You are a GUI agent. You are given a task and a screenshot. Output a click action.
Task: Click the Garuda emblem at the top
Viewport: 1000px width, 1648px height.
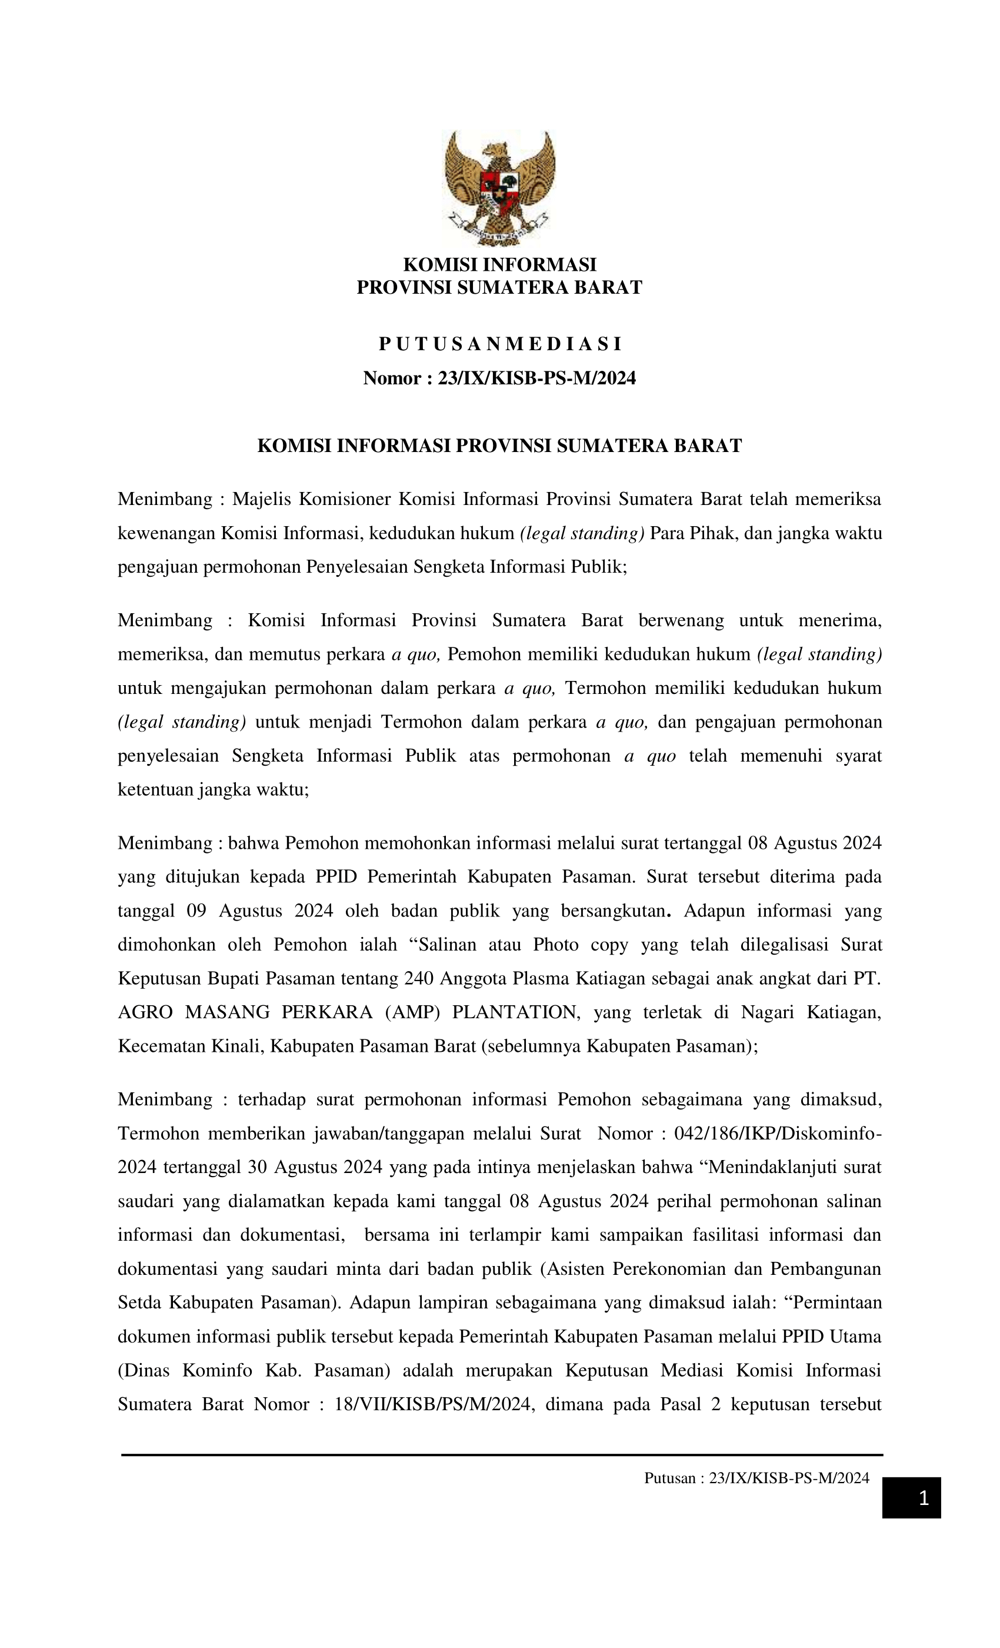click(499, 187)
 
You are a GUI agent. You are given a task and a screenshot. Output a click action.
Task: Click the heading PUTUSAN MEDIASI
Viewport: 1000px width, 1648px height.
click(499, 344)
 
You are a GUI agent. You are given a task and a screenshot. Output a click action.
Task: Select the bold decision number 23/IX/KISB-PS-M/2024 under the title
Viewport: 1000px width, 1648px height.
click(536, 378)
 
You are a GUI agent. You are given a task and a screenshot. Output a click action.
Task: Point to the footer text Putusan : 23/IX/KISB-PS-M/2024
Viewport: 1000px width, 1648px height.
click(756, 1478)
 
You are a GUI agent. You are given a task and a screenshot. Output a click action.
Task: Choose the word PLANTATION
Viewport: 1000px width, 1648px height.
click(515, 1012)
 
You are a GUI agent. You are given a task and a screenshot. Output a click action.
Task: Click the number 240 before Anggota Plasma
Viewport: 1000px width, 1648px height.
click(420, 978)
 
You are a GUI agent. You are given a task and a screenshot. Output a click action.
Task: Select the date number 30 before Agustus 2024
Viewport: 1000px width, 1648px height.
click(256, 1167)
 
